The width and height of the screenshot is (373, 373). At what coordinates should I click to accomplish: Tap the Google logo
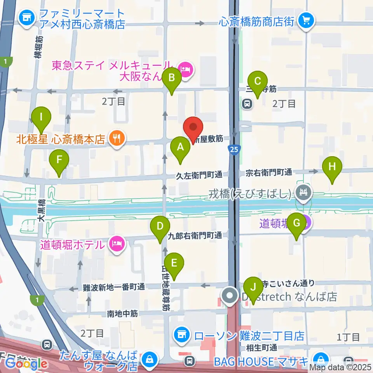tap(26, 364)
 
